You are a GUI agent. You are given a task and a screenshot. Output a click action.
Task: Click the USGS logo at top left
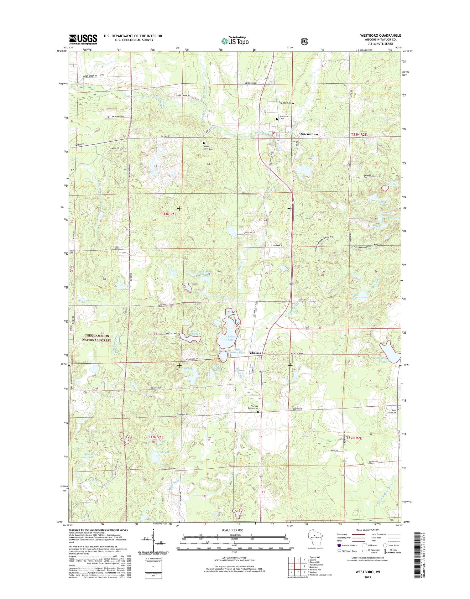point(83,39)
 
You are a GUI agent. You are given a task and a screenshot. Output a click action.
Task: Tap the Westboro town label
point(286,103)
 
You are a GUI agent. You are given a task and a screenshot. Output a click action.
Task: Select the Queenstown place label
point(308,134)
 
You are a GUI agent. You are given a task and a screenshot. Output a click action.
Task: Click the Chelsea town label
point(255,353)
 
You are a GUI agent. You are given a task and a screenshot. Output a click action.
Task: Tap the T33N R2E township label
point(358,134)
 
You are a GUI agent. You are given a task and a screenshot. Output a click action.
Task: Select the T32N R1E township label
point(156,437)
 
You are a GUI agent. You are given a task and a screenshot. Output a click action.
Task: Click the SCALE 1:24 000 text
point(232,530)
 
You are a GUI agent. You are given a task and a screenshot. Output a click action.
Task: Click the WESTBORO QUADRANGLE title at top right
point(380,35)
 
